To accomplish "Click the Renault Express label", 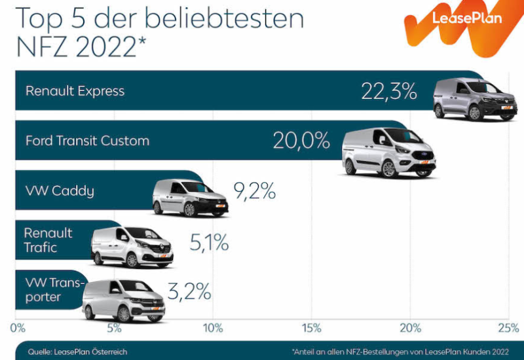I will point(75,91).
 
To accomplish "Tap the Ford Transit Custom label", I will point(87,141).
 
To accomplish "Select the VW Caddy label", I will point(60,191).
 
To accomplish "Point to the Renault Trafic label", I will point(48,240).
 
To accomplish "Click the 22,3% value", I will point(389,92).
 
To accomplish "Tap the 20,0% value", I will point(301,141).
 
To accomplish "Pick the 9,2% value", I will point(255,192).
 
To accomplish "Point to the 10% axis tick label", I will point(213,327).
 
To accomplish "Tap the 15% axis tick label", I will point(312,327).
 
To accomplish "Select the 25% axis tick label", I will point(508,327).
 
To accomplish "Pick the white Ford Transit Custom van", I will point(389,152).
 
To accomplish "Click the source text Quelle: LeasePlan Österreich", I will point(77,351).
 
